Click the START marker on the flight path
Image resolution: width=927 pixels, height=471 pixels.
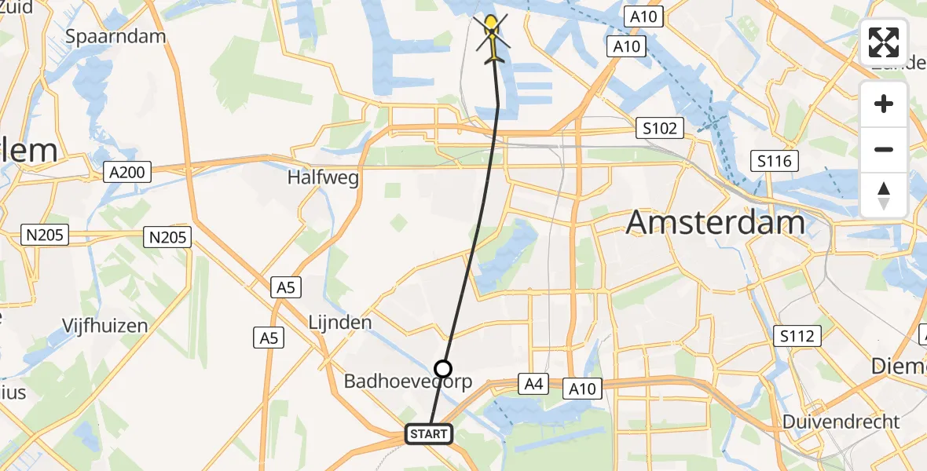429,433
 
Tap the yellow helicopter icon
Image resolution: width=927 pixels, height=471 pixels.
493,39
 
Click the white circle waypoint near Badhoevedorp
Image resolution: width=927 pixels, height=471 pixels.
444,369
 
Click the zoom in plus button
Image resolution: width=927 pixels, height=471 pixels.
884,104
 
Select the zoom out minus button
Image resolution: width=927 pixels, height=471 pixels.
884,149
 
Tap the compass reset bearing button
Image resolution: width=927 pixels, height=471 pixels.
884,195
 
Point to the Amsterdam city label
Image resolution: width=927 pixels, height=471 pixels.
715,223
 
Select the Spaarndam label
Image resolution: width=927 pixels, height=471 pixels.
115,36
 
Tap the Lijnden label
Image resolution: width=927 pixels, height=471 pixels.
340,323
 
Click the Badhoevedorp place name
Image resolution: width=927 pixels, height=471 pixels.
409,382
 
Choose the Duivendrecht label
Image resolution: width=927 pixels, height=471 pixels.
841,422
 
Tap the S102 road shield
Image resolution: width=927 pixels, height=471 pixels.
659,128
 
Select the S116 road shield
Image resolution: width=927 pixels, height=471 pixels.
775,162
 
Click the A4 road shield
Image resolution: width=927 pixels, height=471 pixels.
533,384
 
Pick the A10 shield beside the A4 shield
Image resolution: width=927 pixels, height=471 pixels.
582,389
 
